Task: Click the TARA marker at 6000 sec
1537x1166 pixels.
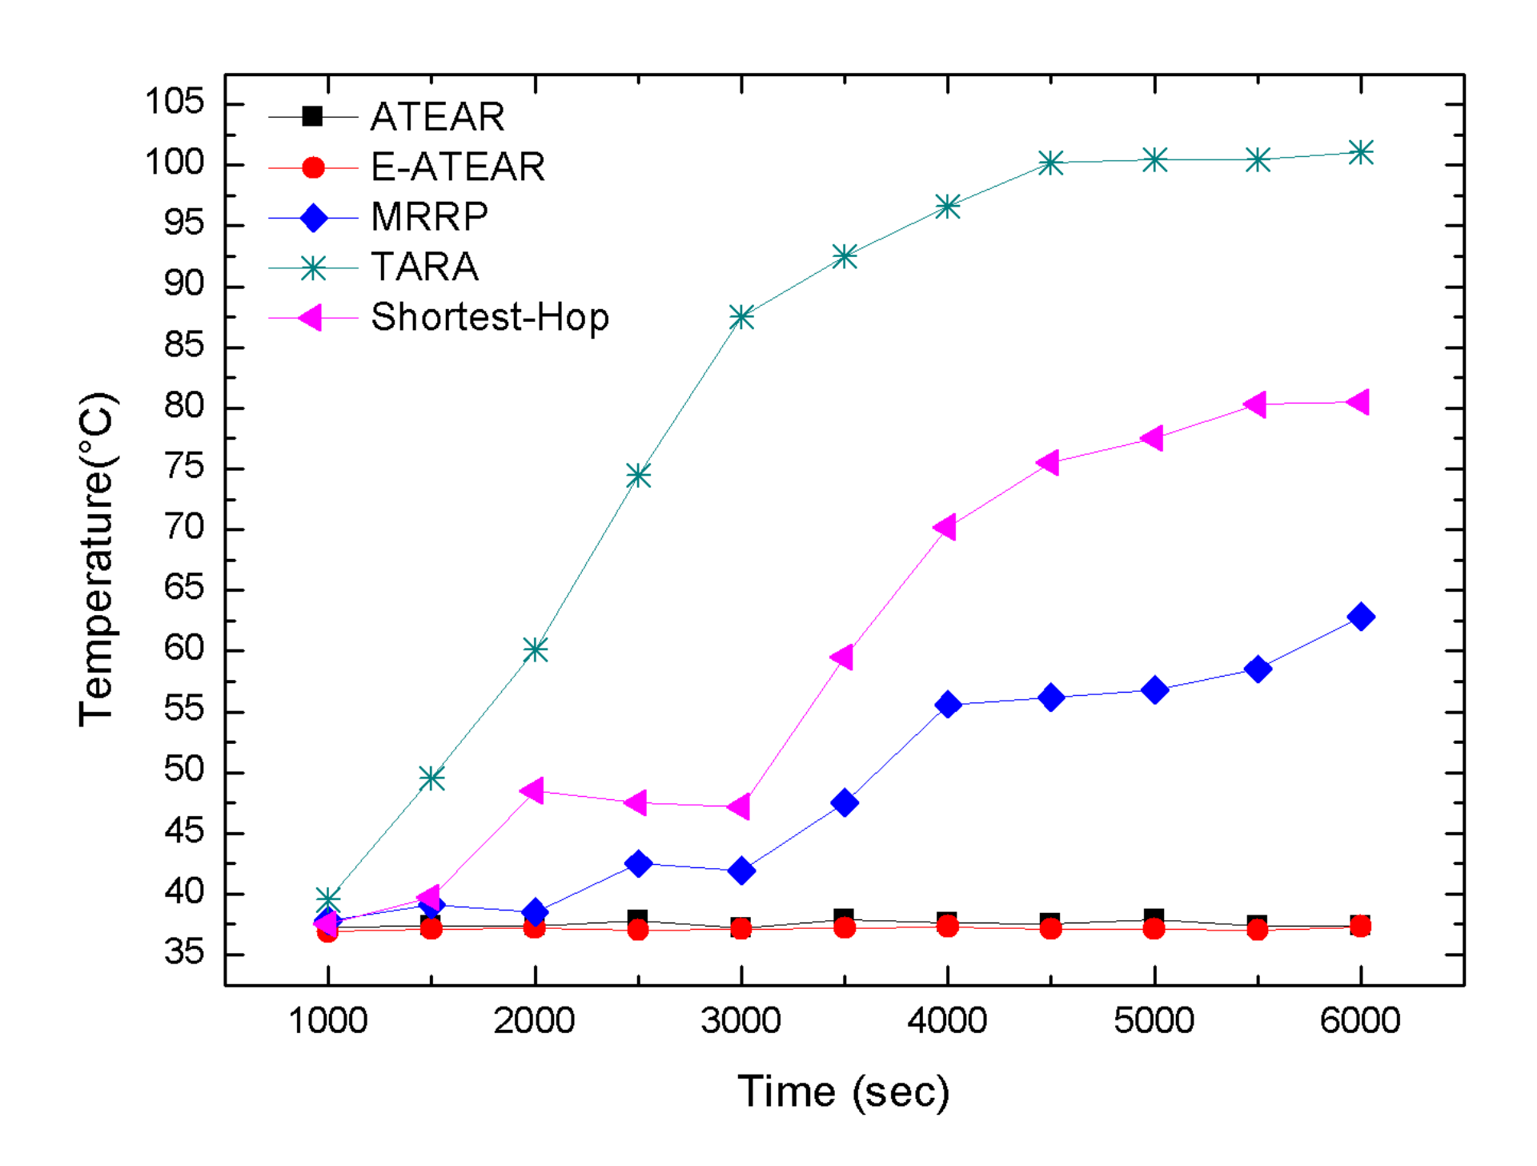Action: coord(1360,152)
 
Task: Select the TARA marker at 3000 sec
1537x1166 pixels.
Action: coord(741,317)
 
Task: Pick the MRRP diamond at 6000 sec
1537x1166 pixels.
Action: coord(1360,617)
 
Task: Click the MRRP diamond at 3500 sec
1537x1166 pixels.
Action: coord(845,802)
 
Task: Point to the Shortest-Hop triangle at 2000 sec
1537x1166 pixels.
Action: coord(532,791)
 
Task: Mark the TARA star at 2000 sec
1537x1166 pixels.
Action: coord(535,649)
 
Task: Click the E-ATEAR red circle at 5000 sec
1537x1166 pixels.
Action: coord(1154,929)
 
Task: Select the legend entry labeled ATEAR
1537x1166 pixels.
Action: coord(437,117)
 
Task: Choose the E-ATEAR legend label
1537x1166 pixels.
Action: coord(457,167)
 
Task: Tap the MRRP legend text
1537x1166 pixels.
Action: coord(429,217)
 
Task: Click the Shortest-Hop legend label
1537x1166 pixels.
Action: coord(490,317)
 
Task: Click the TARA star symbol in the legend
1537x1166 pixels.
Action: coord(313,268)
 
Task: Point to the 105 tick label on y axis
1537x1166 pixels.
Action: coord(174,102)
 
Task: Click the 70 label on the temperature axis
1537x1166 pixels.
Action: coord(183,528)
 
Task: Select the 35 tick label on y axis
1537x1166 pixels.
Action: coord(183,953)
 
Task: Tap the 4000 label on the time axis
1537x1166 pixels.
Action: coord(947,1021)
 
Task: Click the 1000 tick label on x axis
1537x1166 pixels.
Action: coord(327,1021)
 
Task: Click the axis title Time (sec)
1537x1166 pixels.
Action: coord(843,1092)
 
